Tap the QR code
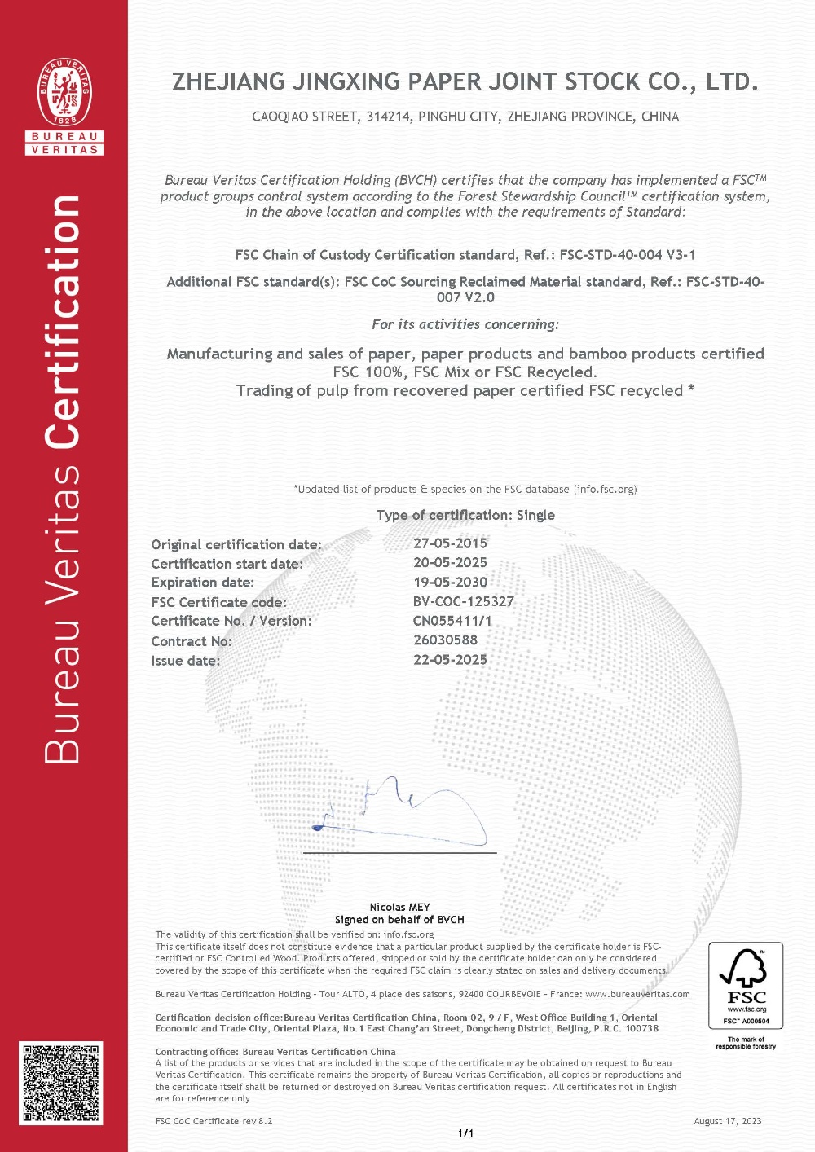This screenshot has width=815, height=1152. pyautogui.click(x=62, y=1084)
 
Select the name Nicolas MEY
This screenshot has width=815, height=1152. pyautogui.click(x=399, y=907)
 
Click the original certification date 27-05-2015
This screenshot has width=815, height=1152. pyautogui.click(x=450, y=543)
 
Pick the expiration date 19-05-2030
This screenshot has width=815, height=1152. pyautogui.click(x=450, y=583)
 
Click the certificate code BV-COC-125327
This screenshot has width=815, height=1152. pyautogui.click(x=463, y=602)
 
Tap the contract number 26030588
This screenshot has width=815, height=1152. pyautogui.click(x=445, y=640)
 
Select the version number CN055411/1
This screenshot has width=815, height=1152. pyautogui.click(x=452, y=621)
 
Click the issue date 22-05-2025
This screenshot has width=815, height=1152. pyautogui.click(x=450, y=660)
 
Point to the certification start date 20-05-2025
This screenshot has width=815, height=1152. pyautogui.click(x=450, y=563)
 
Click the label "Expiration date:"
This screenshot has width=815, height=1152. pyautogui.click(x=203, y=583)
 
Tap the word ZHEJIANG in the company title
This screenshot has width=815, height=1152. pyautogui.click(x=228, y=82)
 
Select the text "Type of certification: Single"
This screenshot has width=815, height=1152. pyautogui.click(x=465, y=515)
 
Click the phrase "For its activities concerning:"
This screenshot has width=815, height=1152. pyautogui.click(x=465, y=324)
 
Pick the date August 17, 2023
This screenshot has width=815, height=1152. pyautogui.click(x=727, y=1121)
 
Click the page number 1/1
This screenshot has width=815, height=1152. pyautogui.click(x=465, y=1133)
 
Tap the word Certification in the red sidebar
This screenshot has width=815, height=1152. pyautogui.click(x=64, y=322)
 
